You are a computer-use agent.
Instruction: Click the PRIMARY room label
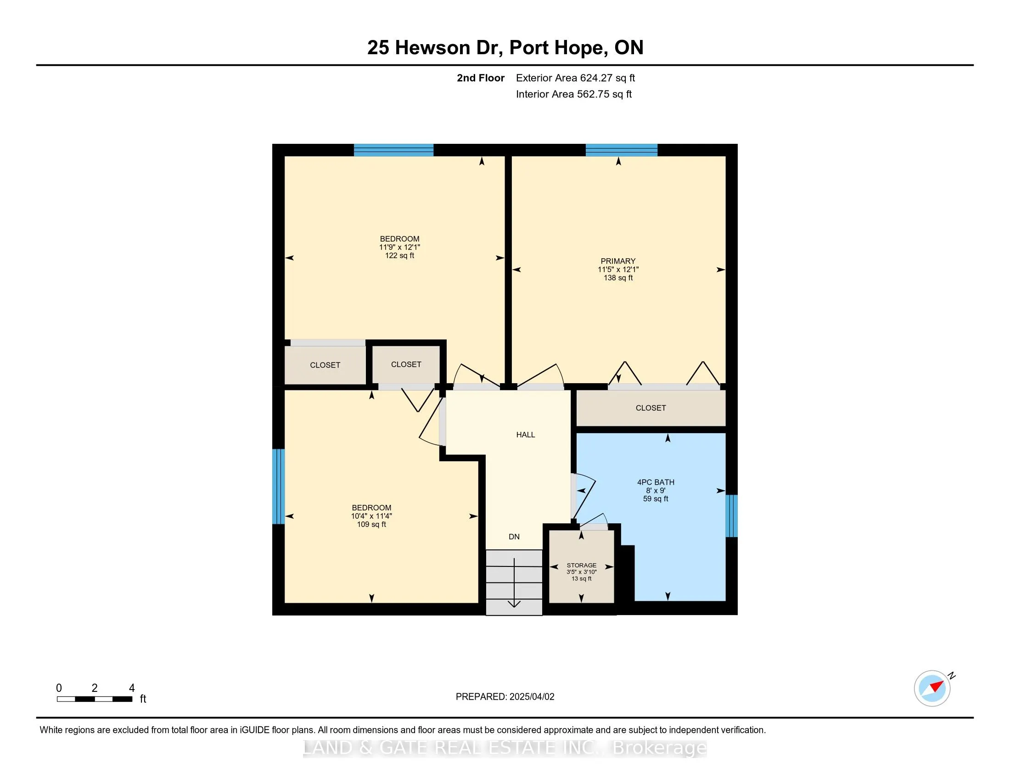coord(618,261)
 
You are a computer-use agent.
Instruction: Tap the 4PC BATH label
coord(655,482)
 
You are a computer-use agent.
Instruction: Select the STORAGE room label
coord(581,566)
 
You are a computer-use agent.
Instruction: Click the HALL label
coord(525,435)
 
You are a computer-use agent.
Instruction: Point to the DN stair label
coord(514,537)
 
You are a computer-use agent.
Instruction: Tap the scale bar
coord(94,699)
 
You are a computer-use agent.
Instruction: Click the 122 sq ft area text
coord(399,255)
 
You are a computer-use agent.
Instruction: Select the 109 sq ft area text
coord(371,524)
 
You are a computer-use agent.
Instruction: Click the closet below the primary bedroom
coord(650,407)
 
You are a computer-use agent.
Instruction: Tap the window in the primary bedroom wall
coord(621,150)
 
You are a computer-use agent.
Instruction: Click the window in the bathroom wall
coord(731,515)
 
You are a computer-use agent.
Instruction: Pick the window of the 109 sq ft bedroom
coord(278,486)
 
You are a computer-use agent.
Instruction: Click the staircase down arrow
coord(514,583)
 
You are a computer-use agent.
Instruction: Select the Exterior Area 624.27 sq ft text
coord(575,78)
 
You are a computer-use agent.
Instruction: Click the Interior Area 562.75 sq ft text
coord(573,94)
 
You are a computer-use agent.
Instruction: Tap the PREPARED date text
coord(505,697)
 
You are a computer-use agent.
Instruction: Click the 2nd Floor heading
coord(480,78)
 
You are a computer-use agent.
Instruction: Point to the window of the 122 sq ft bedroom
coord(393,150)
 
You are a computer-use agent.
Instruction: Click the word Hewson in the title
coord(432,48)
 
